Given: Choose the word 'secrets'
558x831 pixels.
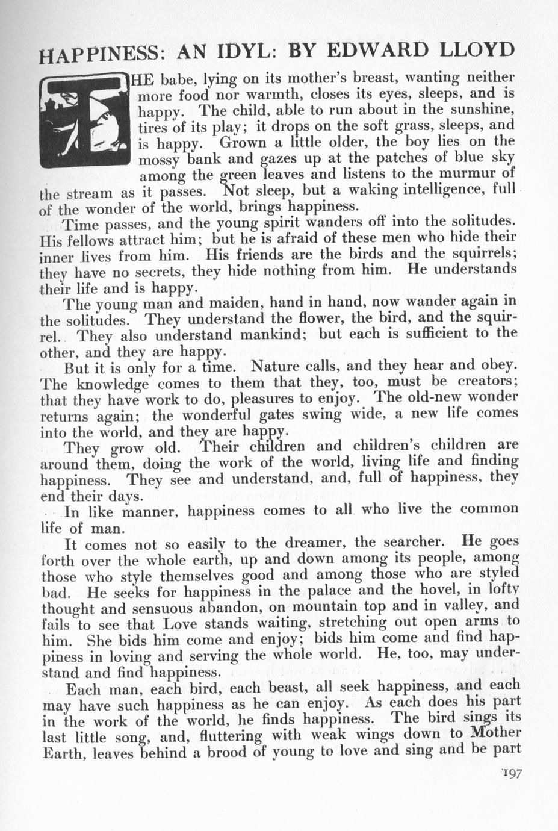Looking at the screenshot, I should [132, 272].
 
